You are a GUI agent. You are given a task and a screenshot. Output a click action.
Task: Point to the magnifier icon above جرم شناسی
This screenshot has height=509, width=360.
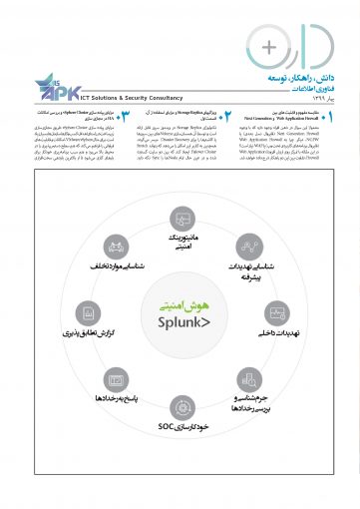coord(250,377)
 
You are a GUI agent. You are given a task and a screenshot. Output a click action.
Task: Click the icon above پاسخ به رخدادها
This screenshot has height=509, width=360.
coord(113,377)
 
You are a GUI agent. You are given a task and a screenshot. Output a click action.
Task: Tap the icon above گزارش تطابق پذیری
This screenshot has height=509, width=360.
coord(87,308)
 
